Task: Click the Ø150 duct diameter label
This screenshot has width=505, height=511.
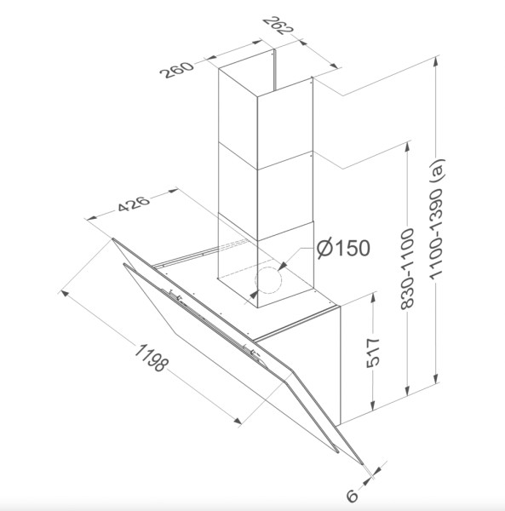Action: (341, 250)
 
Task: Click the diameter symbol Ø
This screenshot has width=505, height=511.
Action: (323, 250)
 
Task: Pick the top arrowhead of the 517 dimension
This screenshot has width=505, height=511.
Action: (372, 296)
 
